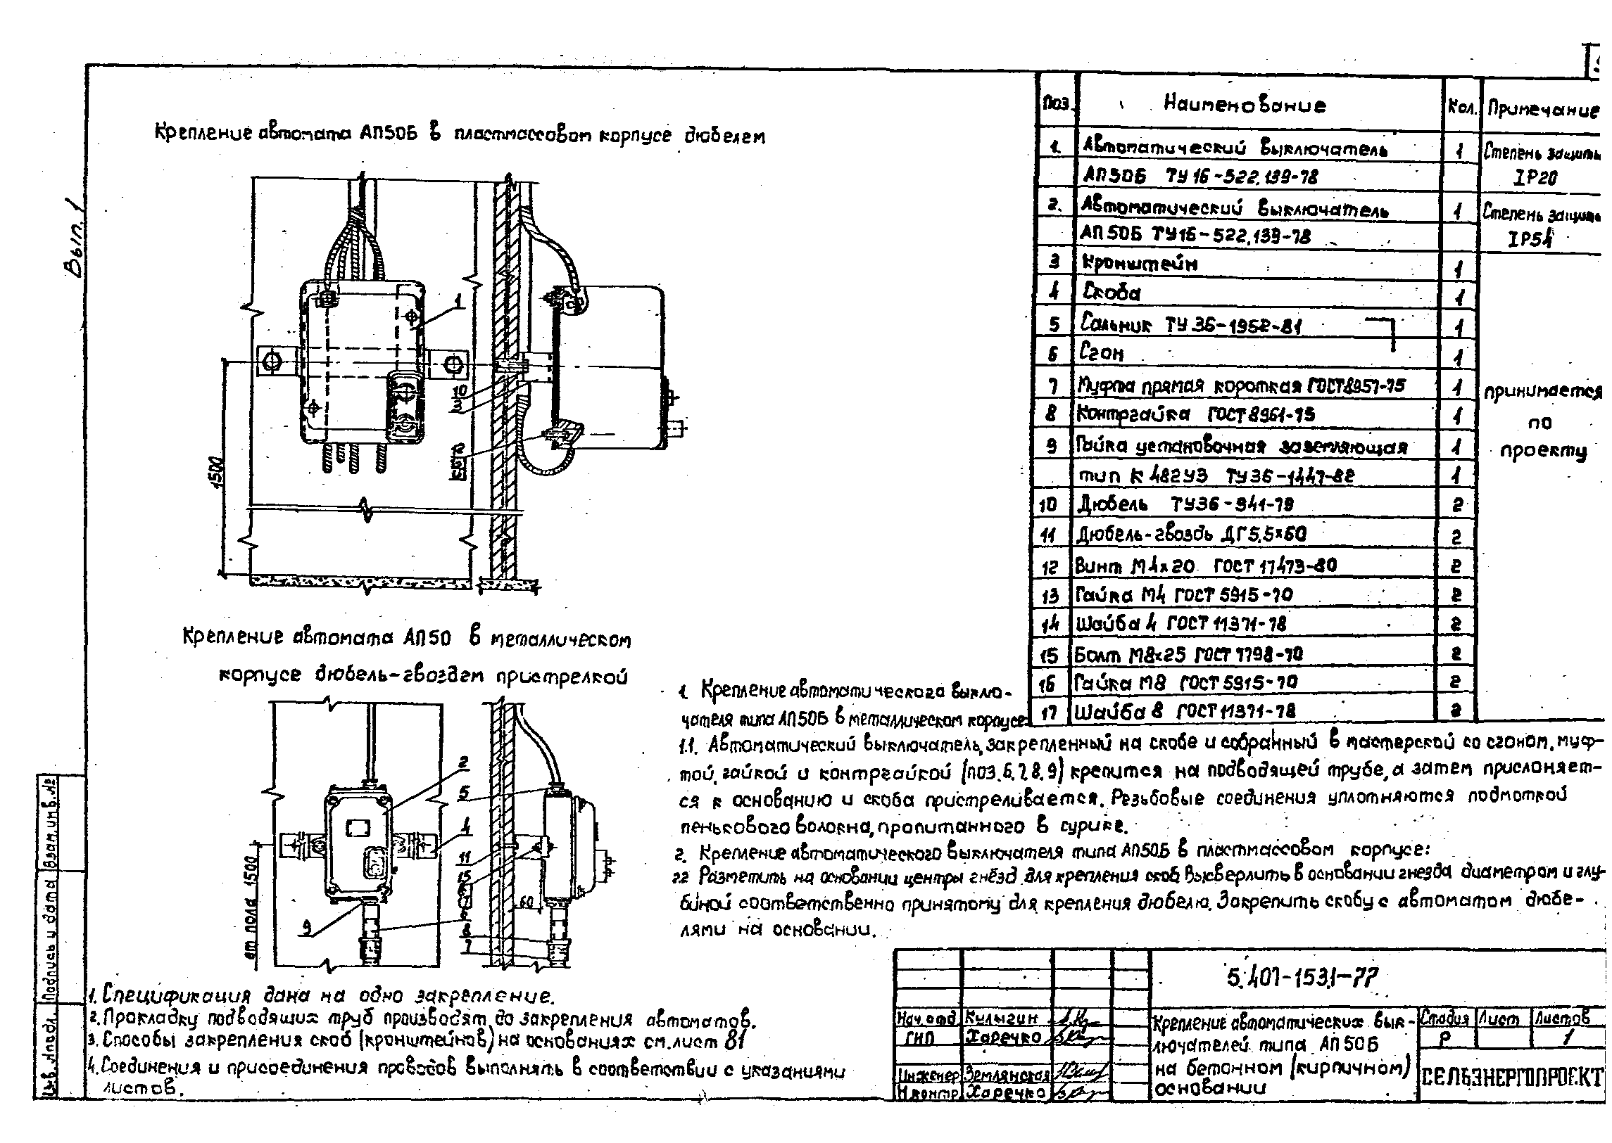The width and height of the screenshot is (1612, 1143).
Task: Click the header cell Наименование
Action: coord(1244,106)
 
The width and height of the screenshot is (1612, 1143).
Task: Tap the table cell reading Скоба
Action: coord(1112,293)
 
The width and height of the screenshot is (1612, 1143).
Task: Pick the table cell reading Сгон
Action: coord(1103,352)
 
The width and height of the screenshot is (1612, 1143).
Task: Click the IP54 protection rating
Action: coord(1530,239)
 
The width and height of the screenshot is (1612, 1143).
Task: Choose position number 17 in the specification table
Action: coord(1050,713)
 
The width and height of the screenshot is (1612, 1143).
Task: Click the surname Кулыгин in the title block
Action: coord(1004,1019)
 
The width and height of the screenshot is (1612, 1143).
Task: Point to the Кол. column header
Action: coord(1461,108)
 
